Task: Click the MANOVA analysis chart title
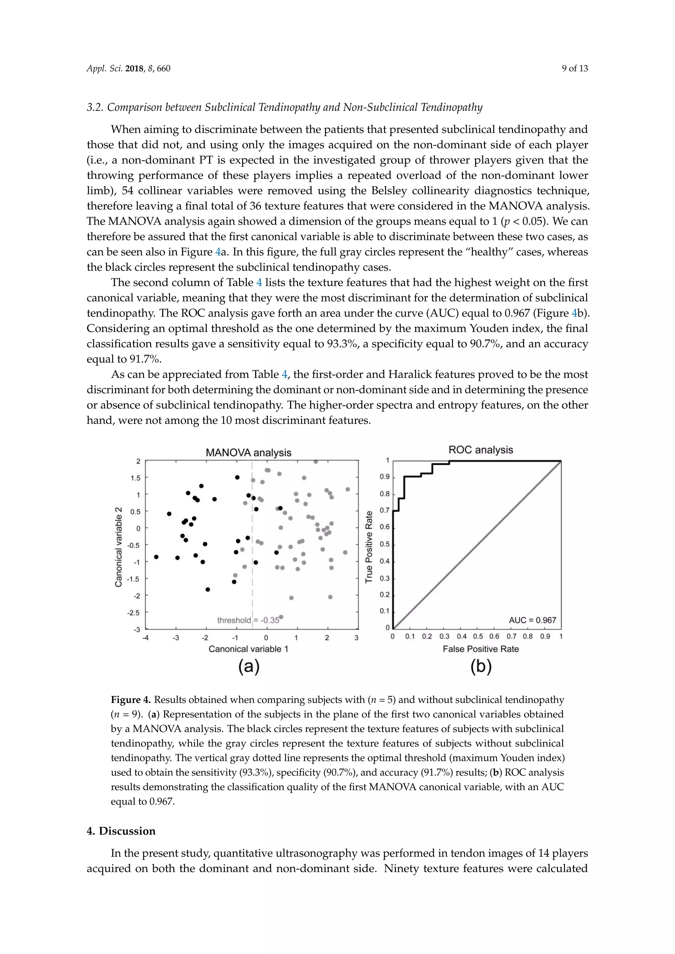(249, 453)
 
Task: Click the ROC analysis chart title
(481, 450)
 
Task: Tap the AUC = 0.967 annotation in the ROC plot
(532, 620)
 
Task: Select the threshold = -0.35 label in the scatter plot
(248, 620)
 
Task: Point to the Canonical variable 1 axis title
(248, 649)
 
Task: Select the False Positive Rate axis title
(481, 649)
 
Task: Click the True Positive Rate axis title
(369, 547)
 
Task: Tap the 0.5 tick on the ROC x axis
(478, 636)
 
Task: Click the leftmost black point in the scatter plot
(156, 557)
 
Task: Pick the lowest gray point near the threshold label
(281, 617)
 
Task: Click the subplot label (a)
(249, 666)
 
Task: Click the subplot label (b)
(481, 666)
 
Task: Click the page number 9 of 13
(575, 69)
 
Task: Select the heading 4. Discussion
(121, 830)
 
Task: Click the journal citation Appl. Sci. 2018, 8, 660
(129, 69)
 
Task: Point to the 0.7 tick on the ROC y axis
(385, 510)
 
